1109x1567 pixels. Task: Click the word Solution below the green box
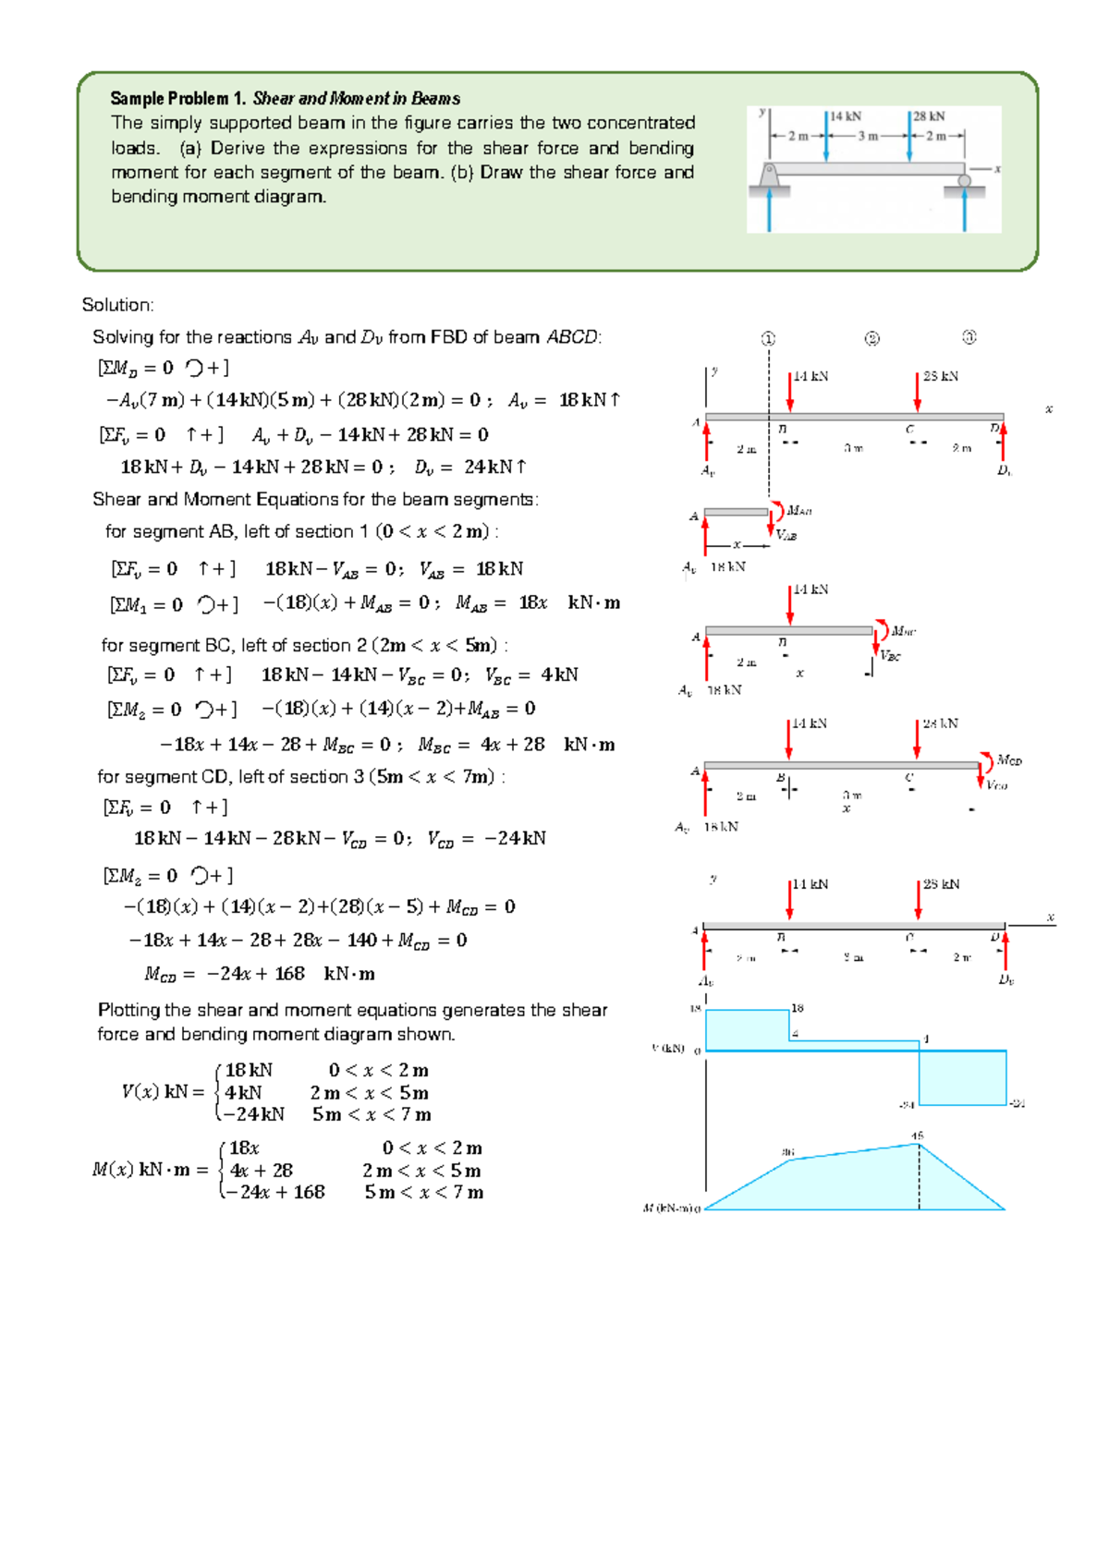[x=117, y=305]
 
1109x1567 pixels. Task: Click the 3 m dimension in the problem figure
[x=867, y=136]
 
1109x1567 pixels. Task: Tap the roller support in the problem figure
[x=964, y=181]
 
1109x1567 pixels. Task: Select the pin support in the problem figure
[x=769, y=176]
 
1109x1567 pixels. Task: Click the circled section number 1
[x=768, y=338]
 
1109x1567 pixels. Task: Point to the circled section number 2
[x=871, y=338]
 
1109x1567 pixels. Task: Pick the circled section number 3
[x=969, y=337]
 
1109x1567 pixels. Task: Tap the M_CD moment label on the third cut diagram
[x=1009, y=760]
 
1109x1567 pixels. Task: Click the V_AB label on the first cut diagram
[x=786, y=535]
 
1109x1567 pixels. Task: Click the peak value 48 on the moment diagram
[x=917, y=1136]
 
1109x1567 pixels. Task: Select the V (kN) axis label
[x=668, y=1048]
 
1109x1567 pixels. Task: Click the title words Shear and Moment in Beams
[x=356, y=98]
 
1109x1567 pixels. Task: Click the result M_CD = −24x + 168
[x=259, y=973]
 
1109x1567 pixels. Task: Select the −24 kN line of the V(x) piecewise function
[x=254, y=1113]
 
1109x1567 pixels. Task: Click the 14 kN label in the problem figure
[x=845, y=116]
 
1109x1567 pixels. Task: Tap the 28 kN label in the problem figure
[x=929, y=116]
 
